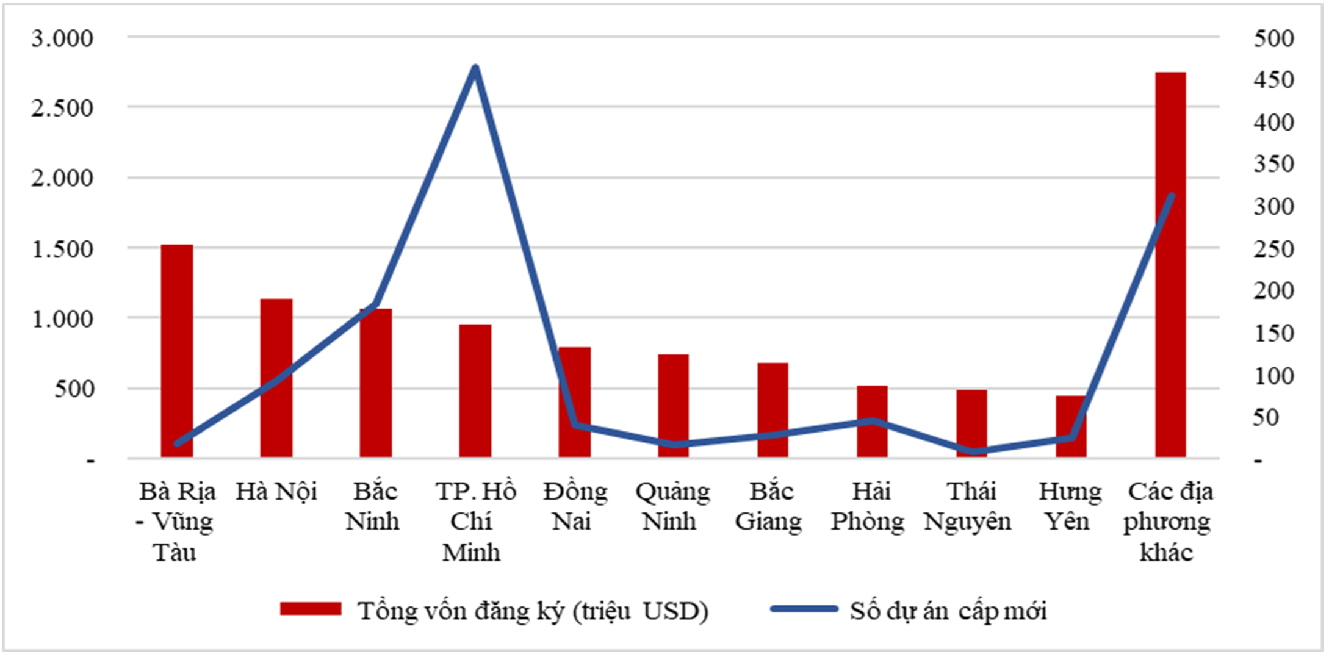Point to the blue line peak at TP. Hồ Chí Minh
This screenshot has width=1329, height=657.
click(475, 68)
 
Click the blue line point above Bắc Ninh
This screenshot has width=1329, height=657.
click(376, 304)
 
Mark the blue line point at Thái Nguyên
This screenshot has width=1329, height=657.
click(971, 452)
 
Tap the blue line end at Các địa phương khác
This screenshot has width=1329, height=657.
click(1171, 196)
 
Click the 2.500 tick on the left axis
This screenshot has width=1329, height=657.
click(62, 109)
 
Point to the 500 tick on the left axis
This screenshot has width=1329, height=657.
click(74, 389)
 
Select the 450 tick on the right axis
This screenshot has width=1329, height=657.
click(1273, 80)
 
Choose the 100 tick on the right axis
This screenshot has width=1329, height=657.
click(1273, 376)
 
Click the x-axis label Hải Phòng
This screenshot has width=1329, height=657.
click(868, 506)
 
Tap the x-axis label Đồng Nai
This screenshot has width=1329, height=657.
click(574, 506)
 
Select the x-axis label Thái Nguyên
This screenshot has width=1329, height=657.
click(968, 506)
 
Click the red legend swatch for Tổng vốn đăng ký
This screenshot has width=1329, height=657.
click(311, 609)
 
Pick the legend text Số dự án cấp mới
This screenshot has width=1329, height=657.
click(948, 611)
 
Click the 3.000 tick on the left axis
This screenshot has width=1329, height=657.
click(62, 38)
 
